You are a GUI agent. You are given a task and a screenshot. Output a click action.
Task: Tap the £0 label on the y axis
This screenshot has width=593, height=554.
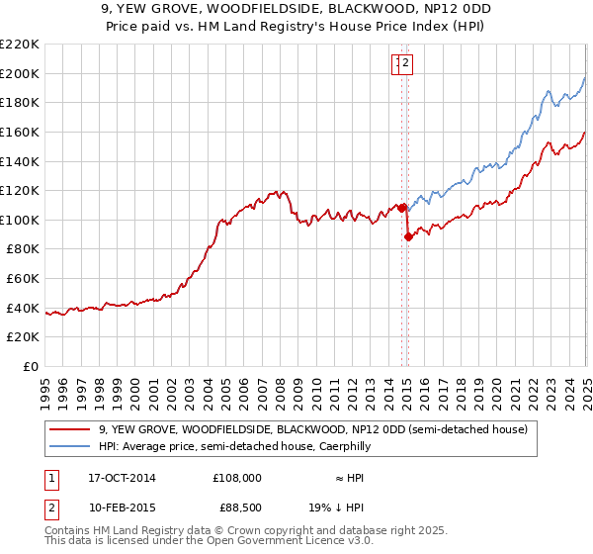tap(32, 367)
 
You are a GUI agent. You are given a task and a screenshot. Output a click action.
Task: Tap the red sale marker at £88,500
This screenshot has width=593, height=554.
tap(408, 236)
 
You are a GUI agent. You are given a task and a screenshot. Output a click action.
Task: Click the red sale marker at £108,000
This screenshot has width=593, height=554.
tap(402, 208)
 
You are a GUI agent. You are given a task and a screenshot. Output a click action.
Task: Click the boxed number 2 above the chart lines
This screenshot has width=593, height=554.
tap(406, 63)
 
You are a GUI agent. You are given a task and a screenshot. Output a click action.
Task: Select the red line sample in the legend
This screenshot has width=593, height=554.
tap(70, 429)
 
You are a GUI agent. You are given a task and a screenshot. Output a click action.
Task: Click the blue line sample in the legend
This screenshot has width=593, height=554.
tap(70, 446)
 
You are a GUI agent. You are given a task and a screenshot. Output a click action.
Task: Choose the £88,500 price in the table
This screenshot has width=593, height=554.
tap(236, 508)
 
